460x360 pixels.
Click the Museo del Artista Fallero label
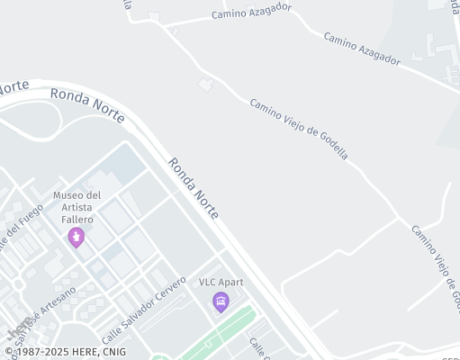pyautogui.click(x=77, y=207)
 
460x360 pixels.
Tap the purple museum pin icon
pyautogui.click(x=77, y=237)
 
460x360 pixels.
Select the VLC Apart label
pyautogui.click(x=221, y=282)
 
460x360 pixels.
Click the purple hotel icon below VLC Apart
pyautogui.click(x=221, y=301)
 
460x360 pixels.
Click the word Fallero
pyautogui.click(x=77, y=219)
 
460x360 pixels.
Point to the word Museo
pyautogui.click(x=68, y=195)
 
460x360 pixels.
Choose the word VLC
pyautogui.click(x=207, y=282)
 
